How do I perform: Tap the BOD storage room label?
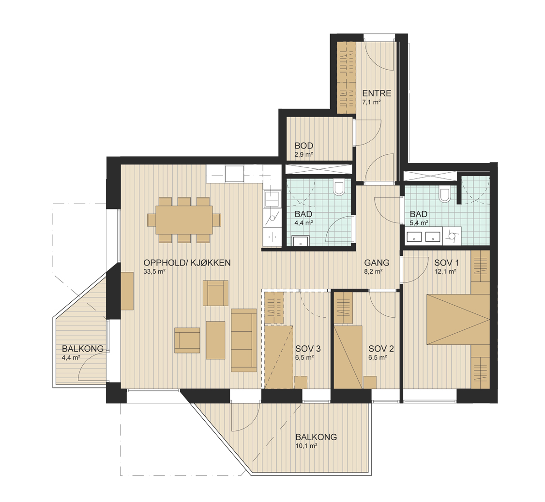tap(304, 146)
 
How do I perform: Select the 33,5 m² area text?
tap(154, 272)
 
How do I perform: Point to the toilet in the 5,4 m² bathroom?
tap(444, 195)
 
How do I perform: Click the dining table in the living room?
tap(184, 220)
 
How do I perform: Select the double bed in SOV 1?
tap(458, 319)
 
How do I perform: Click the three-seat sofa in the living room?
tap(243, 340)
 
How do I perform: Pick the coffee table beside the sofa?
tap(215, 340)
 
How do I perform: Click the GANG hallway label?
tap(377, 263)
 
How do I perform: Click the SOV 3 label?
tap(308, 348)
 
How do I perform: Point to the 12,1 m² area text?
tap(445, 272)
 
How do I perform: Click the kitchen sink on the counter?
tap(271, 198)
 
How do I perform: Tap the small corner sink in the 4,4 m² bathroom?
tap(300, 241)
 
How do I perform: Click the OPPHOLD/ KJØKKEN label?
tap(187, 263)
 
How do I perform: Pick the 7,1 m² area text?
tap(371, 103)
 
